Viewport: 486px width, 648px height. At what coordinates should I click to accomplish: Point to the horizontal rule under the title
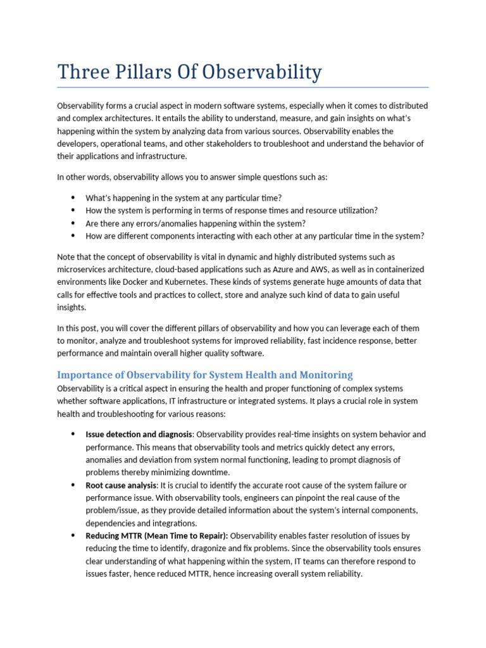[243, 87]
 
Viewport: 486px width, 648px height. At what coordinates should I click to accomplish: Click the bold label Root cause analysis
[121, 485]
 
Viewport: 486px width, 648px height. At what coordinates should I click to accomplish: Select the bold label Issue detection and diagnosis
[139, 434]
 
